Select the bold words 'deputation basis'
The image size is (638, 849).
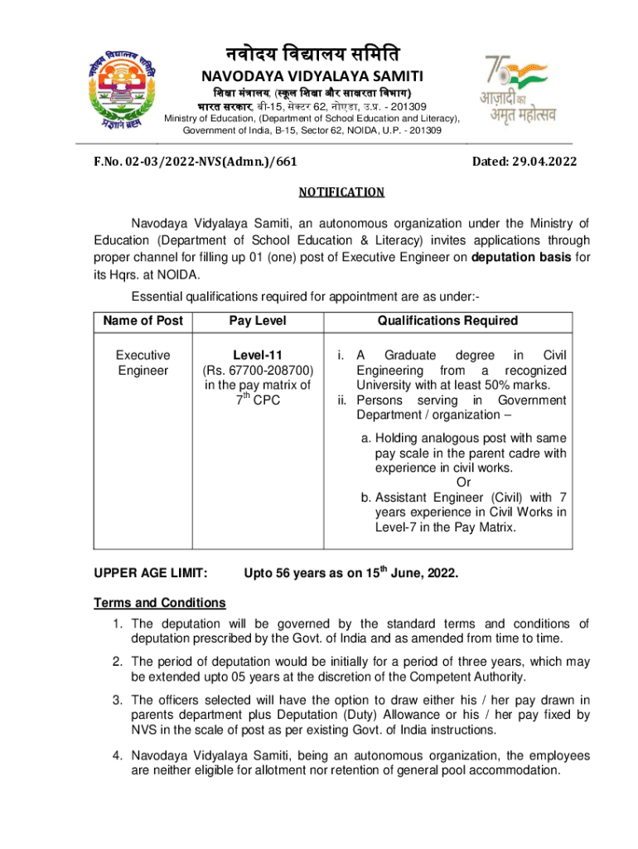521,257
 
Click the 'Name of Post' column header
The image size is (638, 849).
143,321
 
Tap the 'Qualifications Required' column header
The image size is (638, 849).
447,321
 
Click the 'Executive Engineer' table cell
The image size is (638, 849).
143,362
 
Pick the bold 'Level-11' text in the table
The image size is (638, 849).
257,355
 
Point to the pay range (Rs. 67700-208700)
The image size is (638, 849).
257,370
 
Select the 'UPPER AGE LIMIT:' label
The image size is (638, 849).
150,574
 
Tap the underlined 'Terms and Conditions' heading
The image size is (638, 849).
159,603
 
